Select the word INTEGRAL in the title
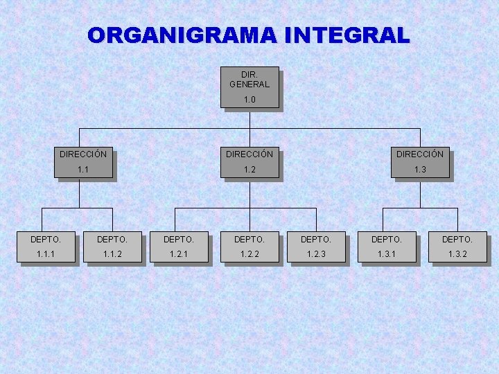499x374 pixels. tap(347, 35)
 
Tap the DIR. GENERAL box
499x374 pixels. tap(249, 87)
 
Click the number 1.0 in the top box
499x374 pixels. tap(249, 100)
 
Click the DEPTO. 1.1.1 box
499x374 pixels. tap(46, 247)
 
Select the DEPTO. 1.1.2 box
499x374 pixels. tap(112, 247)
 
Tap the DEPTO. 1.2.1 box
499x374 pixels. tap(179, 247)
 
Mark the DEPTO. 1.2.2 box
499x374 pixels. tap(249, 247)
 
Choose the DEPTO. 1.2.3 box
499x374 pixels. tap(316, 247)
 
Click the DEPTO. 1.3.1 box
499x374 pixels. tap(387, 247)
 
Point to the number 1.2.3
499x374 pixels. tap(316, 255)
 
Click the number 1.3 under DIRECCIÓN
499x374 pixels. tap(420, 170)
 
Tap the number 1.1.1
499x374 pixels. tap(46, 255)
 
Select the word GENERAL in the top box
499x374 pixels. tap(249, 84)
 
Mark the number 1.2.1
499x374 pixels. tap(179, 255)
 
